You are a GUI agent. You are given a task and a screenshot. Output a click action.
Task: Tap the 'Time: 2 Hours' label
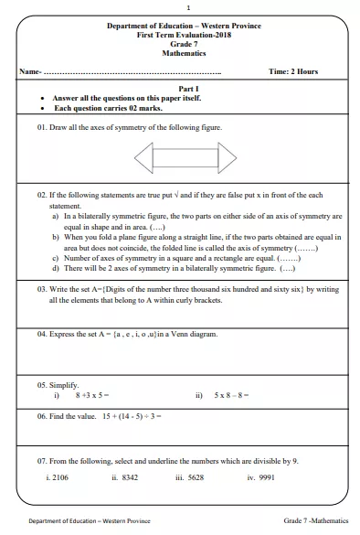294,71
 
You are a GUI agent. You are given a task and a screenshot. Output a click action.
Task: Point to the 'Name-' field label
30,71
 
